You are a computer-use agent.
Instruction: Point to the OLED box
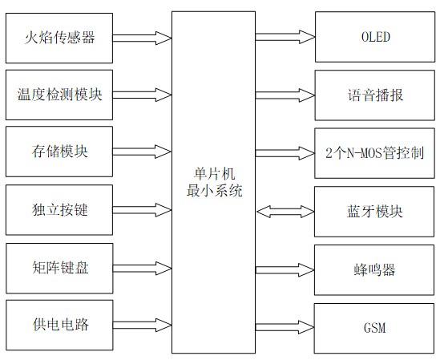[375, 37]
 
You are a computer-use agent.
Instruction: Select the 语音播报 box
[375, 95]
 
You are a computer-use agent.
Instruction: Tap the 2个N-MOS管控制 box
[375, 152]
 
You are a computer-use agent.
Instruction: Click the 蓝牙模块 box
[375, 211]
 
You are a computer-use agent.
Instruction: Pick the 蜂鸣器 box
[375, 269]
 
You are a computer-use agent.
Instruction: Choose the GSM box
[375, 327]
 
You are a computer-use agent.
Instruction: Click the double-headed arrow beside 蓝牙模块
[285, 211]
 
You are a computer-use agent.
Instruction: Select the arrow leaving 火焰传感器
[142, 37]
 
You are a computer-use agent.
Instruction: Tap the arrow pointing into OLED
[285, 37]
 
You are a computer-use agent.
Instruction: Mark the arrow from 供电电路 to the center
[142, 325]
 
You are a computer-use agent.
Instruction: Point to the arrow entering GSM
[285, 327]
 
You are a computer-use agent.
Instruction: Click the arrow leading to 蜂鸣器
[285, 269]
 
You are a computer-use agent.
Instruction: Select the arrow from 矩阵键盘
[142, 267]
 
